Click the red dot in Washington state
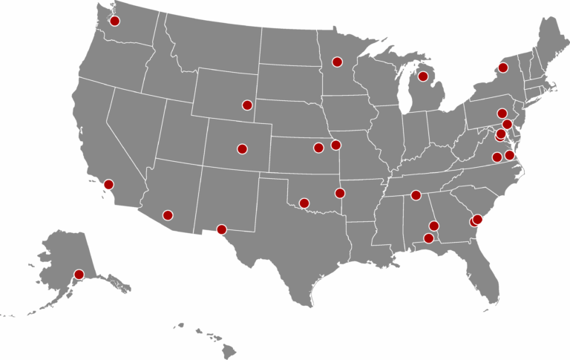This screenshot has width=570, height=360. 114,21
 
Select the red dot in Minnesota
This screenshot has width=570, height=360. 337,62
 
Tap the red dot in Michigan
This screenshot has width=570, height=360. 423,76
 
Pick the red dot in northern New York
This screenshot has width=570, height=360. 502,68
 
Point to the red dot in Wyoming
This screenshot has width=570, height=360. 247,105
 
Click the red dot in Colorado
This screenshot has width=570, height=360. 241,148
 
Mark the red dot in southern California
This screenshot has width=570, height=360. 108,184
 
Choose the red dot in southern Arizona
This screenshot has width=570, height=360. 168,215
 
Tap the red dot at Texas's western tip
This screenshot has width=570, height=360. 220,229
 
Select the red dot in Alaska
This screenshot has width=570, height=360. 79,275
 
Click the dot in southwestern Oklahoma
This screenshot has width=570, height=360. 304,203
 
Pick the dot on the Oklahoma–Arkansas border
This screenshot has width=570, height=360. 340,193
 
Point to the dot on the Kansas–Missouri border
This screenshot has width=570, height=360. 335,145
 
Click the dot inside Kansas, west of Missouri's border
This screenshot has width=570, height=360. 318,147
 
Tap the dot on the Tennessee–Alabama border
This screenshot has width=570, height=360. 416,195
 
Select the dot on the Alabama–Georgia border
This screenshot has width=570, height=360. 434,226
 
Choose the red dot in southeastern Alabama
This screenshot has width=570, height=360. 427,238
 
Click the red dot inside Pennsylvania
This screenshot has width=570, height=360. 502,114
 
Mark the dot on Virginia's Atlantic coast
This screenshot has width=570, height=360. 509,155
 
